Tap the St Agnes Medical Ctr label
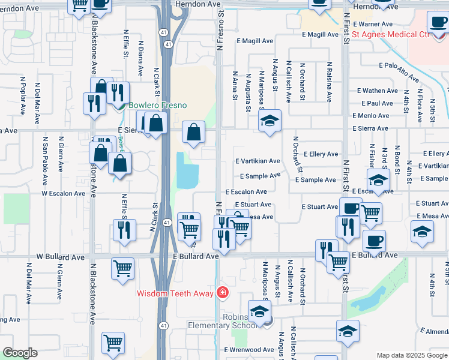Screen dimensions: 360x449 pos(391,35)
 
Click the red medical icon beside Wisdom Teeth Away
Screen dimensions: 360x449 pos(223,293)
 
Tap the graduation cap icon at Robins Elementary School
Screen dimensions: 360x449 pos(260,312)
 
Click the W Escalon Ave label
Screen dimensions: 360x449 pos(63,194)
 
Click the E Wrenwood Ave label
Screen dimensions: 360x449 pos(249,350)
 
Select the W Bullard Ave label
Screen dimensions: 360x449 pos(61,257)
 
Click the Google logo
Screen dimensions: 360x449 pos(20,353)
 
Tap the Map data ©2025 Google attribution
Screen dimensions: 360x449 pos(411,355)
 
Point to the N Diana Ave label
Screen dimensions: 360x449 pos(140,58)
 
